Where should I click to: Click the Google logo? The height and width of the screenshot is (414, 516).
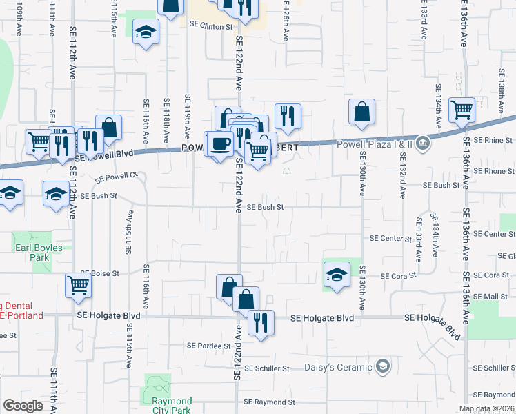(x=23, y=406)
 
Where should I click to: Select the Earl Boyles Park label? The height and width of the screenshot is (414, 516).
(x=37, y=253)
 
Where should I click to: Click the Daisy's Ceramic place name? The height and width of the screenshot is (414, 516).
(x=339, y=367)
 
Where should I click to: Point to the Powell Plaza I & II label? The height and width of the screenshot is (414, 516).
(x=374, y=144)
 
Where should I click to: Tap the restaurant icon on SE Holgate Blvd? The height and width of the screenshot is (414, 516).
(x=261, y=323)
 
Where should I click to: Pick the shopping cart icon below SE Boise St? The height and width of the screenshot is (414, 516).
(x=79, y=284)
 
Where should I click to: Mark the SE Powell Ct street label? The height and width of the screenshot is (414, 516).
(x=117, y=177)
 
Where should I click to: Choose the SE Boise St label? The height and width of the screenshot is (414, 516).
(x=99, y=273)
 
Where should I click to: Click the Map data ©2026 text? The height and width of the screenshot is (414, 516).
(x=486, y=408)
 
